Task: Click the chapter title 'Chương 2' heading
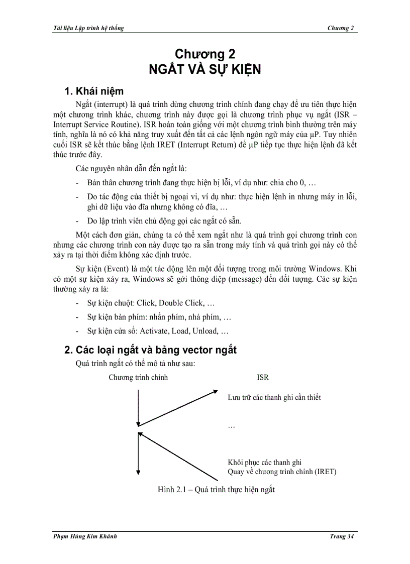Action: (x=204, y=54)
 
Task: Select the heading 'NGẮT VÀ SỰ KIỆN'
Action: (x=204, y=69)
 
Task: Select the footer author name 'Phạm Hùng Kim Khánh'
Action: (x=85, y=537)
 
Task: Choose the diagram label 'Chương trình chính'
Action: (x=138, y=377)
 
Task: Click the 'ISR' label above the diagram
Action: (x=263, y=377)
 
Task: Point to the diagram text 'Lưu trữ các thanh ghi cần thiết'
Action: (x=274, y=397)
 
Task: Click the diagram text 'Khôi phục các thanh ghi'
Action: (x=265, y=462)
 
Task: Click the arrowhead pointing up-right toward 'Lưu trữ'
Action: (x=216, y=390)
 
